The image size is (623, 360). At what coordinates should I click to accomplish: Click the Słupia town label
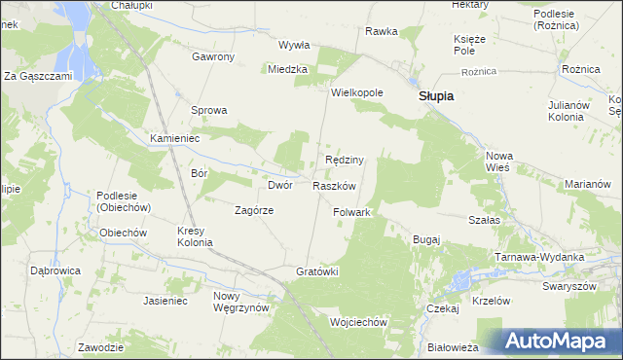pos(437,97)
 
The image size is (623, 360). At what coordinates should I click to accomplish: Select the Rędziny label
pos(344,160)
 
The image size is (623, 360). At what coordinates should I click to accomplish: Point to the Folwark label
pos(352,212)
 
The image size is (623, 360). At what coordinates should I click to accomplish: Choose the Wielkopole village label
pos(357,93)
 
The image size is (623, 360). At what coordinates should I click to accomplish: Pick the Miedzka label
pos(288,69)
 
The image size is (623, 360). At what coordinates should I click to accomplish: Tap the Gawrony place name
pos(213,56)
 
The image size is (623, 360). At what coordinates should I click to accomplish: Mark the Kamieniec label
pos(174,139)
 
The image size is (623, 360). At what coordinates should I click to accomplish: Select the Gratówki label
pos(316,271)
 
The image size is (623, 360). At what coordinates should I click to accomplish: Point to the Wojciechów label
pos(359,322)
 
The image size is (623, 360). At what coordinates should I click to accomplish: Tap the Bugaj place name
pos(427,239)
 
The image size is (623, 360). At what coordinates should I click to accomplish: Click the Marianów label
pos(587,184)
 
